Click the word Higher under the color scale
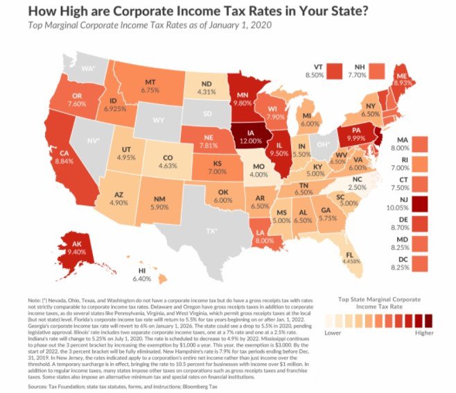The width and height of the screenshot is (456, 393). [425, 331]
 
